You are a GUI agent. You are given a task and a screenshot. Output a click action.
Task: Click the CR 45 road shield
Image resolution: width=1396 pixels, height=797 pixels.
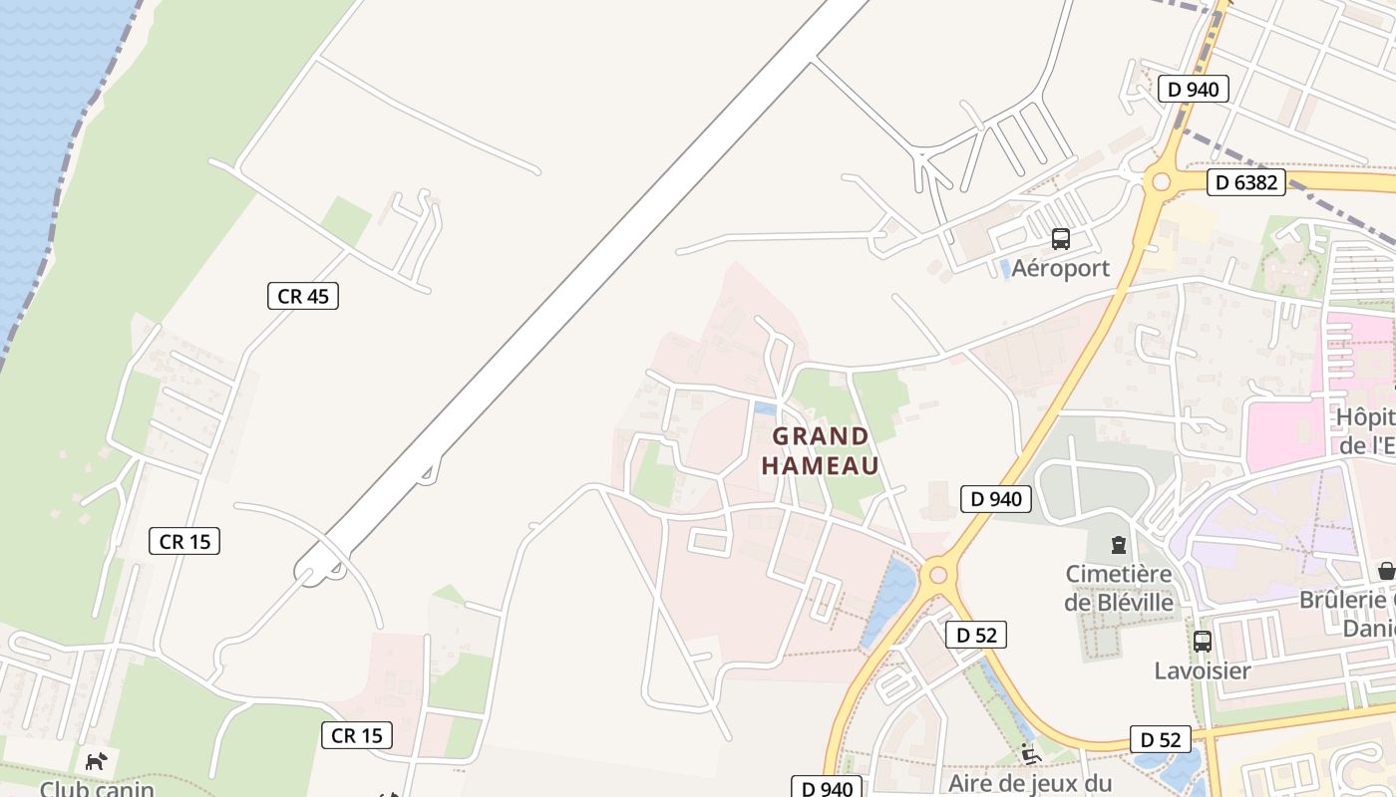[x=303, y=296]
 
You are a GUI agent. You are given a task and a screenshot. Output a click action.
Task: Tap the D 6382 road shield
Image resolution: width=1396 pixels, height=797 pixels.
[x=1245, y=182]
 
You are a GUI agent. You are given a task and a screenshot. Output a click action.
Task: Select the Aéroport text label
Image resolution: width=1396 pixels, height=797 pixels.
[x=1060, y=268]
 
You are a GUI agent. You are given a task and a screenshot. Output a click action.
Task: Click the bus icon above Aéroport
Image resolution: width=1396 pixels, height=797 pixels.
[x=1060, y=239]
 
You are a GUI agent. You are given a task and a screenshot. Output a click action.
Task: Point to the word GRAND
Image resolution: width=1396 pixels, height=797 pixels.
[x=821, y=436]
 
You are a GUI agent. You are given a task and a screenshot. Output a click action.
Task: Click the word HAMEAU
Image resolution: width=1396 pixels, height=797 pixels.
[x=821, y=466]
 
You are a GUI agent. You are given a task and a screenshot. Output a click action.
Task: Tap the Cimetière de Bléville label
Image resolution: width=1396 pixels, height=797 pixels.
[x=1118, y=588]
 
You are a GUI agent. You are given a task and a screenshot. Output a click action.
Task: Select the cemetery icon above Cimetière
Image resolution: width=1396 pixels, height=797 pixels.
[x=1118, y=545]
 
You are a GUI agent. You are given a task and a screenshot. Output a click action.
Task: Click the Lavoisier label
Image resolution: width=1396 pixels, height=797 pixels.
[x=1202, y=670]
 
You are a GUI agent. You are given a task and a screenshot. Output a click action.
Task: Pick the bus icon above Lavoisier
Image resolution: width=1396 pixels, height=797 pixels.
[x=1202, y=641]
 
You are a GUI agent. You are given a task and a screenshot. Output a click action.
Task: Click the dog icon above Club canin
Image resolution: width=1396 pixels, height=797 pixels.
[x=96, y=762]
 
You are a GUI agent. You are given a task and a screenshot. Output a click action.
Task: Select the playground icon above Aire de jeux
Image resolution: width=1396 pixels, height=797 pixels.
[x=1030, y=754]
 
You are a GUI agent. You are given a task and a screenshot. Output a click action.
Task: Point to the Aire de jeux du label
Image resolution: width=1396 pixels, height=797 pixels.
[x=1030, y=783]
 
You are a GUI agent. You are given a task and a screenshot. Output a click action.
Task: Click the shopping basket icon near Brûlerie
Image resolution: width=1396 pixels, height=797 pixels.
[x=1386, y=571]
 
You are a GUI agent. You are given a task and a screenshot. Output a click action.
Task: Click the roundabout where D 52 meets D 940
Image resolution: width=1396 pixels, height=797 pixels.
[x=936, y=574]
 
